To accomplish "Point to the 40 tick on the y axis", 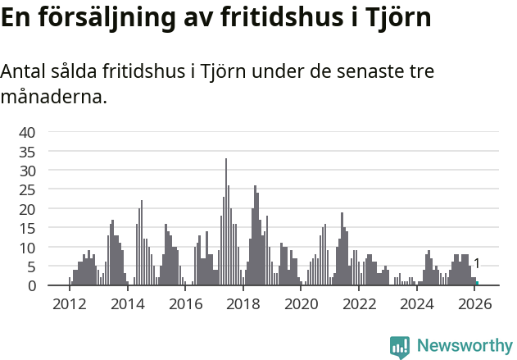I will point(27,132).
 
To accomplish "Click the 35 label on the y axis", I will point(27,152).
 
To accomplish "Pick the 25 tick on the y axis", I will point(27,190).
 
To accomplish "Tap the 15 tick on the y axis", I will point(27,229).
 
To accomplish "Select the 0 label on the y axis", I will point(32,285).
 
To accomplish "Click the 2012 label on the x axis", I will point(69,303).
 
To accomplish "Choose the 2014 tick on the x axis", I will point(127,303).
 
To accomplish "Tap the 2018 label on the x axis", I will point(243,303).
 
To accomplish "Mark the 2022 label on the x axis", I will point(358,303).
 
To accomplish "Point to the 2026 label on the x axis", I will point(474,303).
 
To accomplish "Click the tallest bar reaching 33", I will point(226,221).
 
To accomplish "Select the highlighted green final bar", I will point(477,284).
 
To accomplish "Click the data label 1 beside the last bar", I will point(477,263).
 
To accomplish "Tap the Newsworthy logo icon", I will point(400,347).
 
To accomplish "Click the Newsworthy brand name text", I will point(464,346).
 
